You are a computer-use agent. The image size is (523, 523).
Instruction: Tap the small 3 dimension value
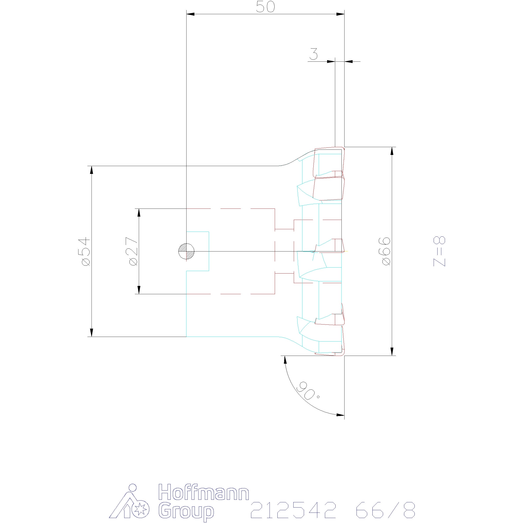tap(314, 54)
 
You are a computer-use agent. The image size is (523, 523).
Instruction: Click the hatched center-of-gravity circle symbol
tap(187, 251)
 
